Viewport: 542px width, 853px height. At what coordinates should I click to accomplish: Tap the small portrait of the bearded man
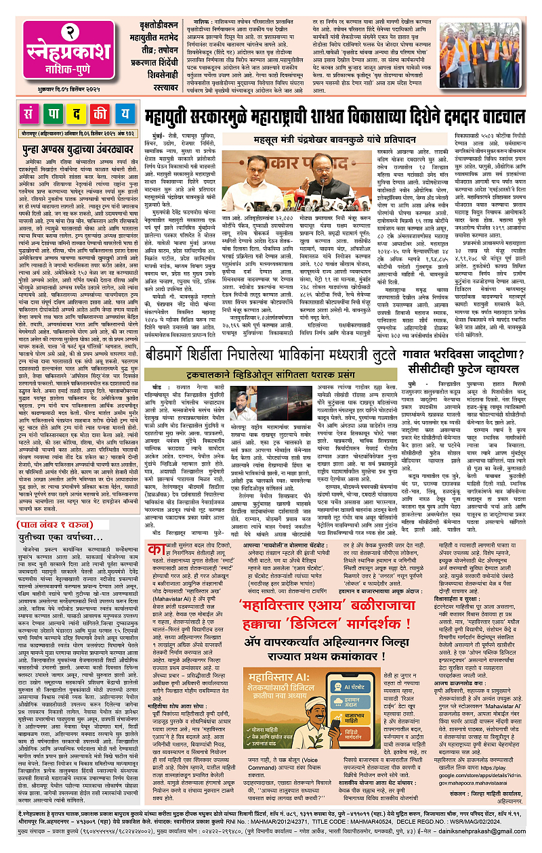(x=241, y=403)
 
